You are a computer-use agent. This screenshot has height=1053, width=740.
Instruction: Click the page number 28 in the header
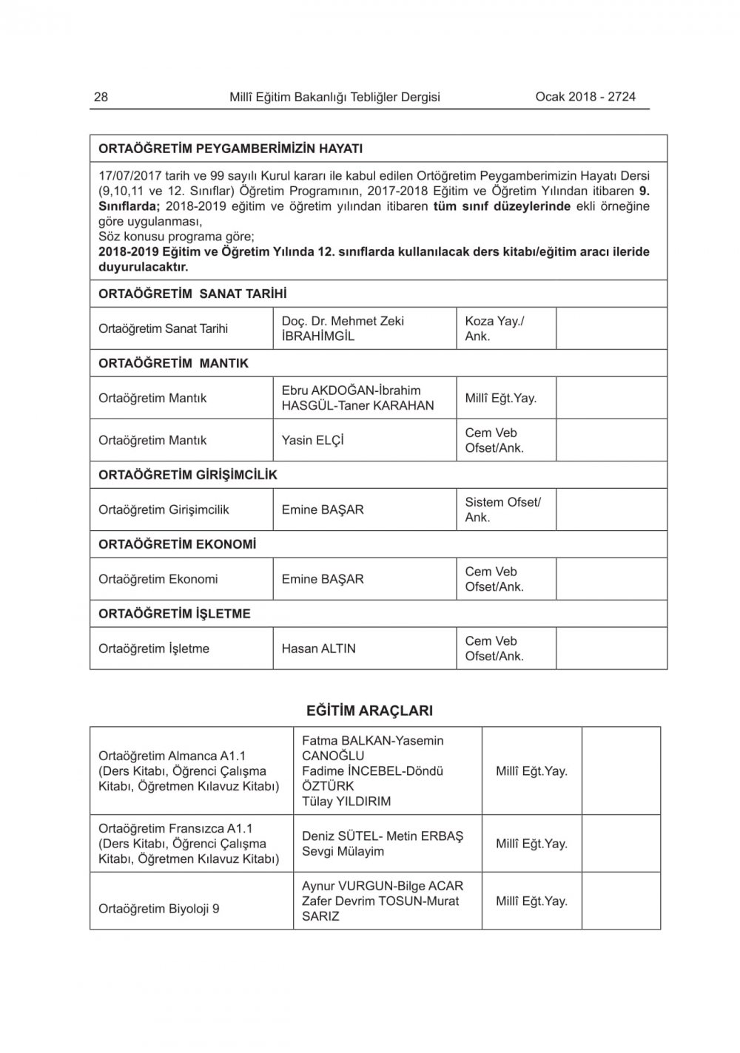(x=101, y=97)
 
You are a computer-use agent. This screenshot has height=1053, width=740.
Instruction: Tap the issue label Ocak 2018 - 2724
(x=585, y=96)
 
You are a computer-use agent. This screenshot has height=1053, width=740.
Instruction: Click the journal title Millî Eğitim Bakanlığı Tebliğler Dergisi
(x=334, y=97)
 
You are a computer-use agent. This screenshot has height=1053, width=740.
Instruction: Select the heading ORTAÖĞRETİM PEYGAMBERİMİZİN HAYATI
(x=230, y=149)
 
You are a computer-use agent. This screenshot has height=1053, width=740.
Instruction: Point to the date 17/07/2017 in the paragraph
(x=128, y=176)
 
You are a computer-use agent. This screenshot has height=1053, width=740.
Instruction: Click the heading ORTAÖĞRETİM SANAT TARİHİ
(x=192, y=294)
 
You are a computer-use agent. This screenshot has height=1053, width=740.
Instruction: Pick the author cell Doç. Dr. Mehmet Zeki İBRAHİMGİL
(x=343, y=328)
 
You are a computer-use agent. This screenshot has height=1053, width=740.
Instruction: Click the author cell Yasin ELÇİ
(x=312, y=440)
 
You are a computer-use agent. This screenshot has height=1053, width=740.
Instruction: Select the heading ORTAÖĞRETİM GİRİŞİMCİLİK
(x=188, y=475)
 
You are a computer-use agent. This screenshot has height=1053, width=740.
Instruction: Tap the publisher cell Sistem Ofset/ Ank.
(x=502, y=509)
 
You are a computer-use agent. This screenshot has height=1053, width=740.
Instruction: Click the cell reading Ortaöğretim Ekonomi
(x=158, y=579)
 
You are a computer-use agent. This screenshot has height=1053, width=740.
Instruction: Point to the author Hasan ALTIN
(x=318, y=649)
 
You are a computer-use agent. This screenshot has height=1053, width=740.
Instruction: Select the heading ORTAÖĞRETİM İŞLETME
(x=175, y=614)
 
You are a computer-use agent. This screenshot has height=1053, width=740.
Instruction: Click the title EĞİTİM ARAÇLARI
(x=369, y=711)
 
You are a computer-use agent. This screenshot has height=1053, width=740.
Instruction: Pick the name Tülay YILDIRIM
(x=346, y=801)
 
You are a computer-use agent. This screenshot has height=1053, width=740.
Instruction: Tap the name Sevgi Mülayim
(x=343, y=851)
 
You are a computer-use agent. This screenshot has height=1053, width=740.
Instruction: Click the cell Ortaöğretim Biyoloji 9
(x=159, y=908)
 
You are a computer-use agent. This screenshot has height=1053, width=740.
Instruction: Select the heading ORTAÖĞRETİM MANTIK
(x=173, y=363)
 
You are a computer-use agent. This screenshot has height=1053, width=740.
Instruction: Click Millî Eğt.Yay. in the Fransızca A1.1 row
(x=531, y=843)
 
